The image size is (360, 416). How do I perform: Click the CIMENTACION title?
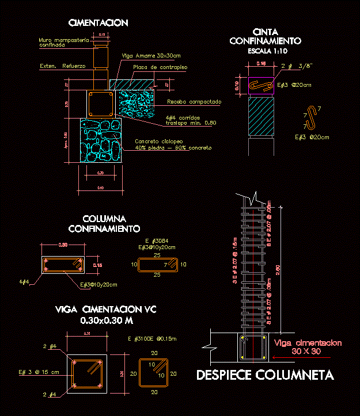tap(98, 23)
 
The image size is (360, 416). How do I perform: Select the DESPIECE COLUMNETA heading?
tap(265, 375)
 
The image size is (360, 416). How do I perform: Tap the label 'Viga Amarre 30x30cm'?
tap(151, 56)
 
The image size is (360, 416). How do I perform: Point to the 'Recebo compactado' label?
tap(194, 102)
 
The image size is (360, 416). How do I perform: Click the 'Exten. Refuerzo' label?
tap(62, 66)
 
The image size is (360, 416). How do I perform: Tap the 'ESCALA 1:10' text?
tap(265, 51)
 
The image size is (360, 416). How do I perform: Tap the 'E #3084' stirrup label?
tap(156, 241)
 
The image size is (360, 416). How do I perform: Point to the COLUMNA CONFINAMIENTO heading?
tap(104, 223)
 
